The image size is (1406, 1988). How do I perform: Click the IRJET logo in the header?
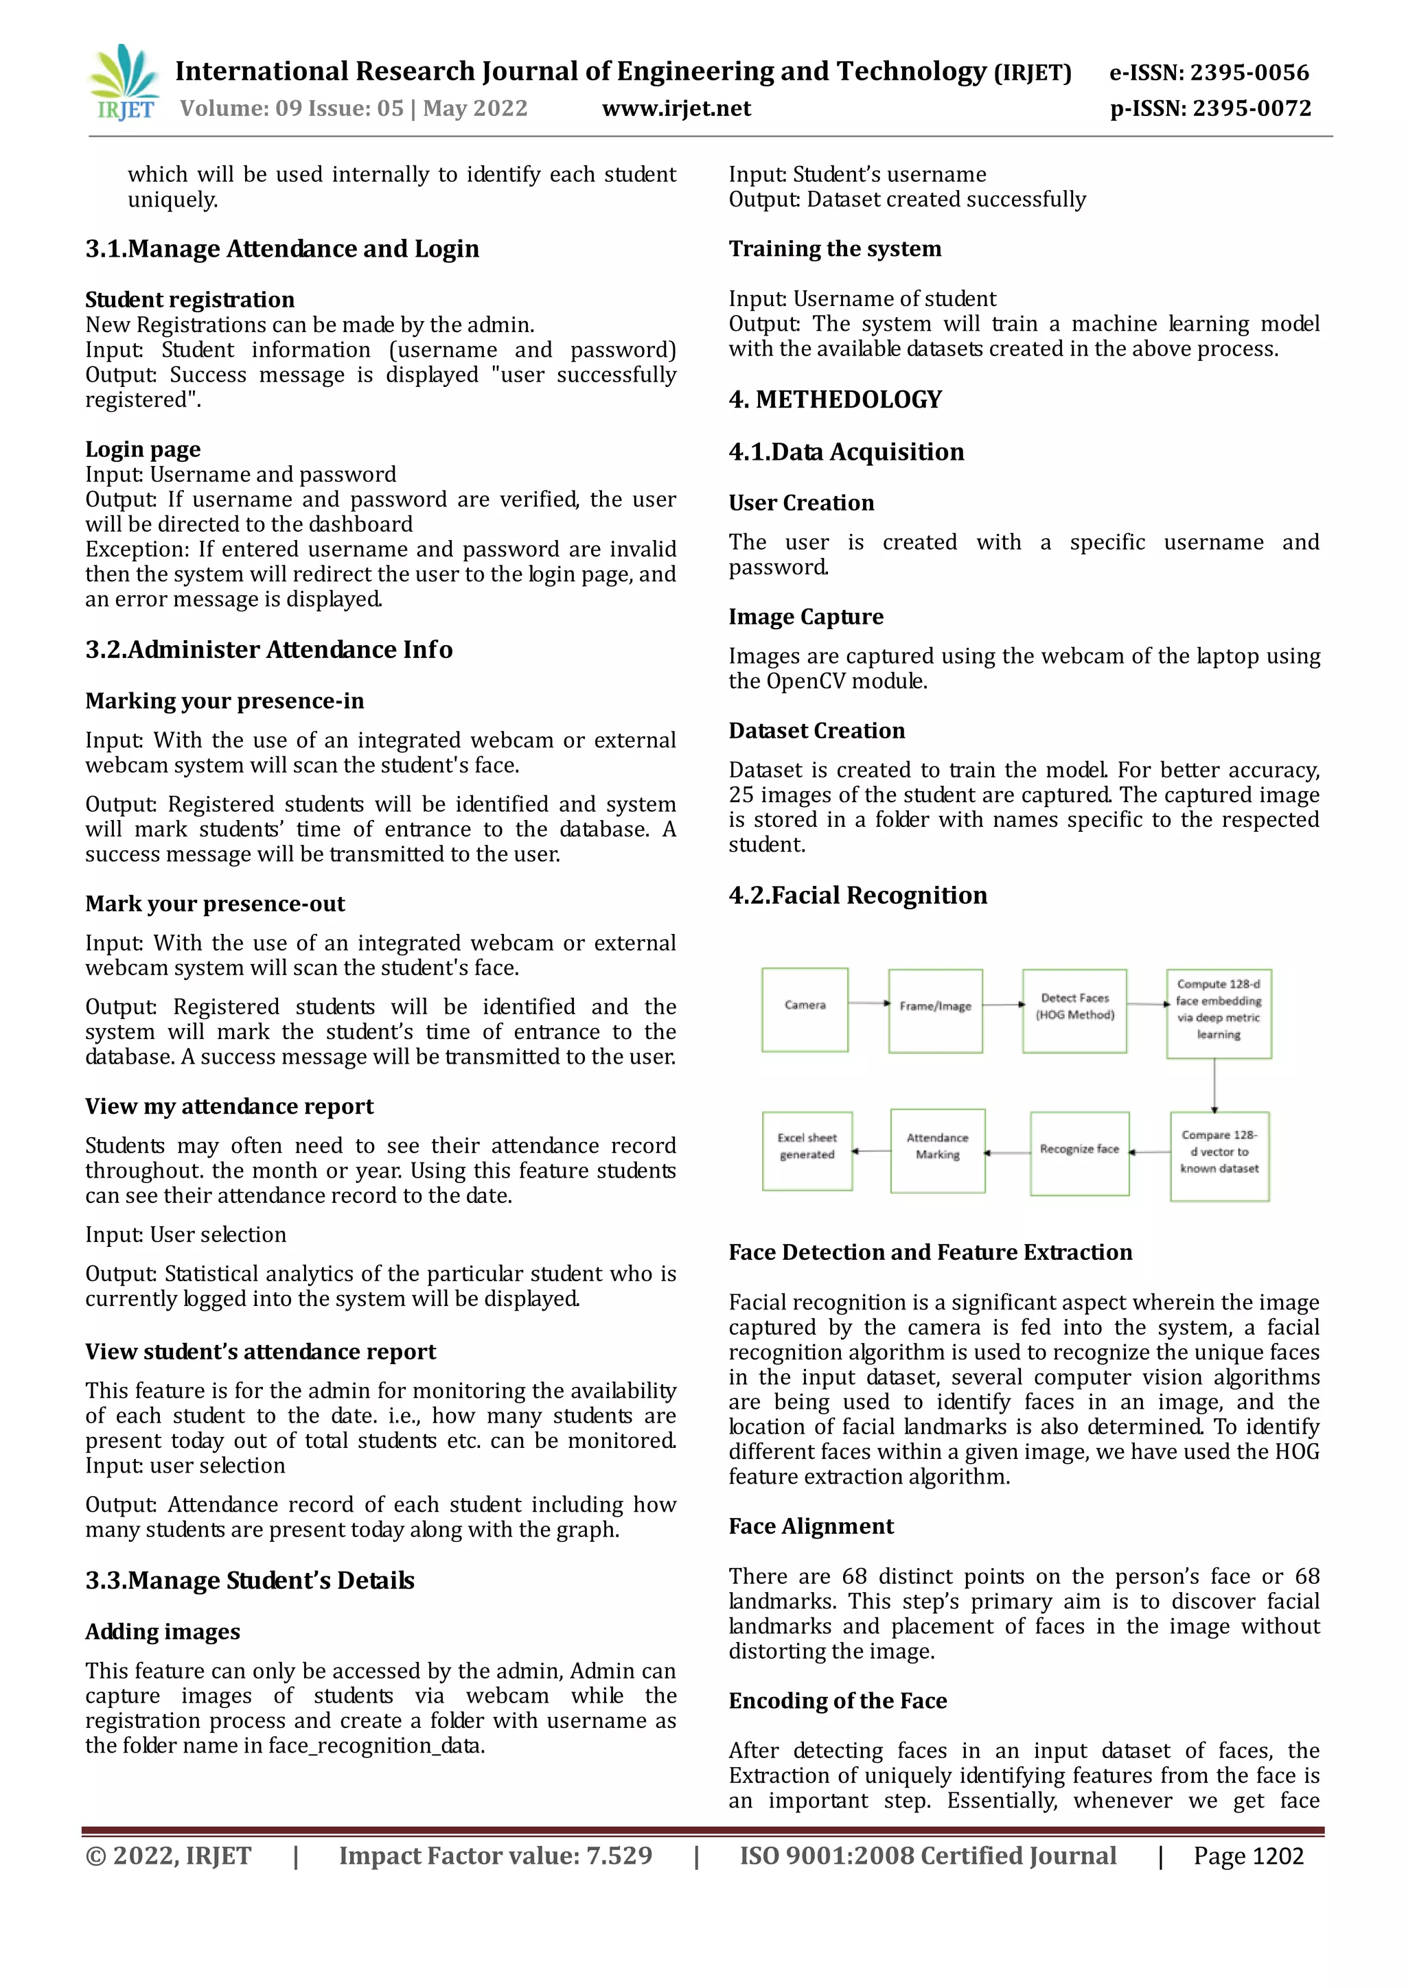point(124,83)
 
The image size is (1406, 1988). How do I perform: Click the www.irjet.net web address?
point(676,108)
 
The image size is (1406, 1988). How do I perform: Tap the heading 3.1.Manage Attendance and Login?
point(281,249)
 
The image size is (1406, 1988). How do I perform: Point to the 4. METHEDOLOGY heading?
point(834,399)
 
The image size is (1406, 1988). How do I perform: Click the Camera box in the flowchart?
point(805,1009)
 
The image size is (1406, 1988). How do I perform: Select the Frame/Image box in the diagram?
point(935,1010)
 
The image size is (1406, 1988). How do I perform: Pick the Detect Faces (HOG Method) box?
point(1074,1010)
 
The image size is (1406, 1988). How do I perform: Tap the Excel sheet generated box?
point(807,1151)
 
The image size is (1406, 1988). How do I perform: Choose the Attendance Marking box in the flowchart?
point(937,1151)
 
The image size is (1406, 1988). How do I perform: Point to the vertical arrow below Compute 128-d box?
point(1214,1085)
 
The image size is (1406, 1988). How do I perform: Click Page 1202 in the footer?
point(1247,1856)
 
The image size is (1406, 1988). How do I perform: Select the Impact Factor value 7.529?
point(495,1856)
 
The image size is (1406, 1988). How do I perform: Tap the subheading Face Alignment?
point(810,1525)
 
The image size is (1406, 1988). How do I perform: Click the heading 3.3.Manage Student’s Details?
point(249,1580)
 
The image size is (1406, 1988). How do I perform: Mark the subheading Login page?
point(143,449)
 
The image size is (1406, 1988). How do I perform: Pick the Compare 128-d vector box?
point(1219,1156)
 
